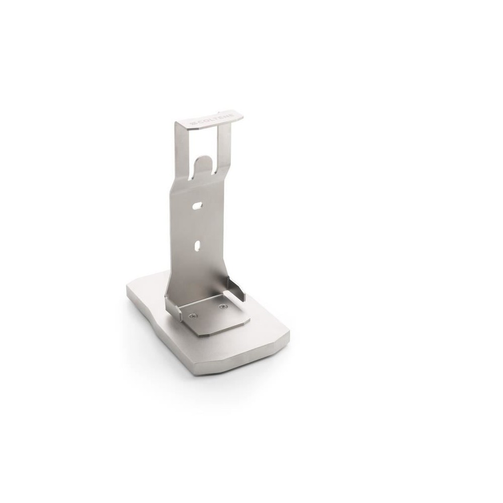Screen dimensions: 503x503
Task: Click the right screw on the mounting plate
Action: click(x=223, y=307)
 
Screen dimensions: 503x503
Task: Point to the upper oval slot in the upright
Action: click(x=197, y=205)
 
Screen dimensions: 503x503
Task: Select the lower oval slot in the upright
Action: click(x=198, y=245)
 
